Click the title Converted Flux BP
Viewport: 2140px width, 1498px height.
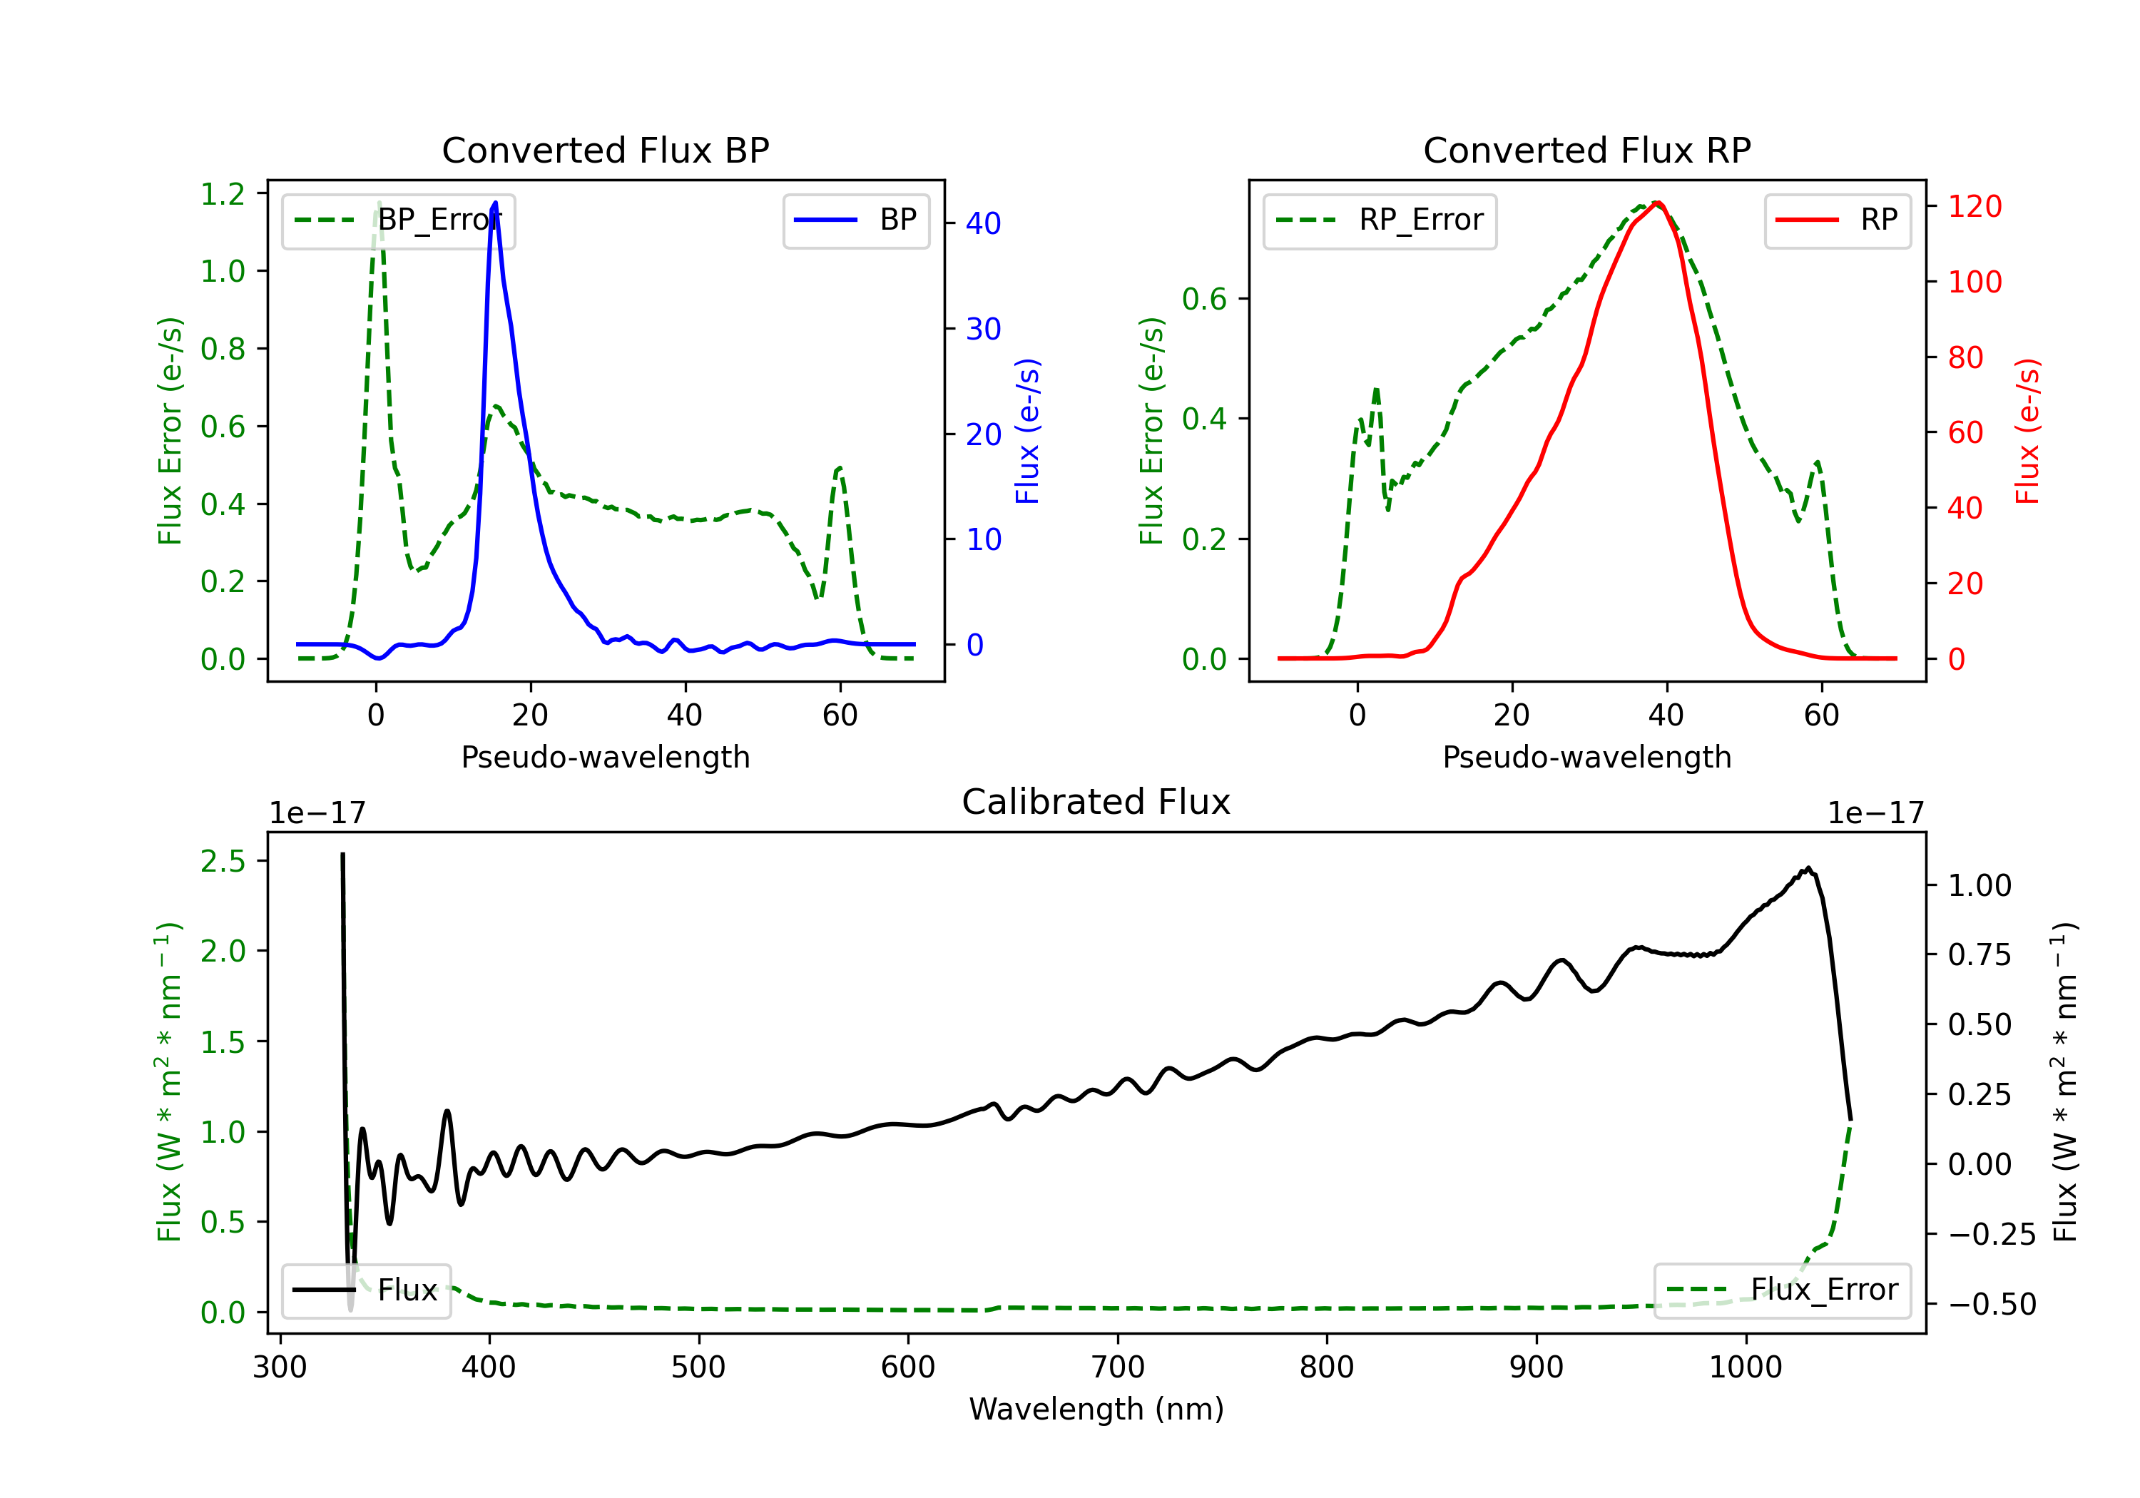(605, 150)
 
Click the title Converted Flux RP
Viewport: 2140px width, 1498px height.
(1586, 150)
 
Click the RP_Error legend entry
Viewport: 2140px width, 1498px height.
(1380, 220)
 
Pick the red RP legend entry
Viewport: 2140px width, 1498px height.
(1837, 220)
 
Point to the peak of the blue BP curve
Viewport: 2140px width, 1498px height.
(495, 203)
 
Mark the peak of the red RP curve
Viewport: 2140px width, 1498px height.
(1657, 203)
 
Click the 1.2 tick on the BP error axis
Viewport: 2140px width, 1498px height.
(223, 194)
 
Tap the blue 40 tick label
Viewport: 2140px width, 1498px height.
(983, 224)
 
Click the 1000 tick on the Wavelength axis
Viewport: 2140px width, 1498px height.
(1745, 1367)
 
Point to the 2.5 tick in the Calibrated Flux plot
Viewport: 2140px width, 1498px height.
(223, 861)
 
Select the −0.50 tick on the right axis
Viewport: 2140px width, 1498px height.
(1992, 1304)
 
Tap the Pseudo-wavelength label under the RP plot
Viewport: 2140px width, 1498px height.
(1586, 757)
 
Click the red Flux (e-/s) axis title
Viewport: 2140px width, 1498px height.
(2027, 431)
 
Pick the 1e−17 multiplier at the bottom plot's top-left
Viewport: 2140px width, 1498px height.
(317, 813)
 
